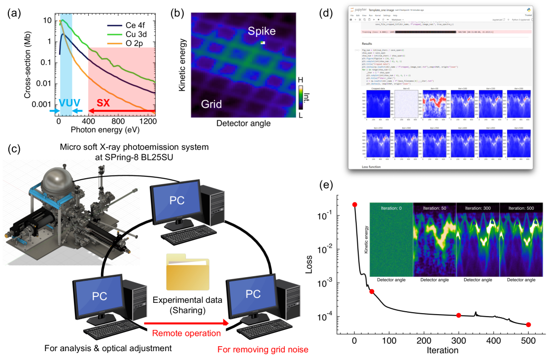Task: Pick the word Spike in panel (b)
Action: (x=262, y=33)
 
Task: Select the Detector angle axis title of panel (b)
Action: (x=243, y=124)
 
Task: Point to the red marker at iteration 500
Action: (x=529, y=325)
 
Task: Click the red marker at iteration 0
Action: (x=354, y=204)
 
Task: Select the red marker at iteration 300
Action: (x=458, y=315)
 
